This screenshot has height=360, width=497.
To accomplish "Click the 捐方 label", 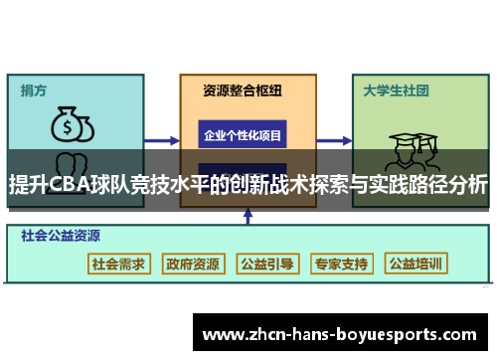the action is (34, 90).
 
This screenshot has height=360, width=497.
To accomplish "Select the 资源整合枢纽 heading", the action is (243, 90).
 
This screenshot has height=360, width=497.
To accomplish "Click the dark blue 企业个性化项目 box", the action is (243, 134).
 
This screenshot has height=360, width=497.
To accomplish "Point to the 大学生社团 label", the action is (396, 90).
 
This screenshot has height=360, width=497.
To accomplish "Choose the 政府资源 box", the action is (193, 264).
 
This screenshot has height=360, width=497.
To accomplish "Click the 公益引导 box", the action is (266, 264).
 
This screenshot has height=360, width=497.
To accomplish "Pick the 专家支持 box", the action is (341, 264).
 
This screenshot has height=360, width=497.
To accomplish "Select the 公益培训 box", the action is (416, 264).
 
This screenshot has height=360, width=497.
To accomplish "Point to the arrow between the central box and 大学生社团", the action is (328, 139).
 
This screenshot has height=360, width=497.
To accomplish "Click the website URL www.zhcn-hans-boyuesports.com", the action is (343, 335).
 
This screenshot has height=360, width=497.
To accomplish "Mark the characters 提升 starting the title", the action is (28, 185).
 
